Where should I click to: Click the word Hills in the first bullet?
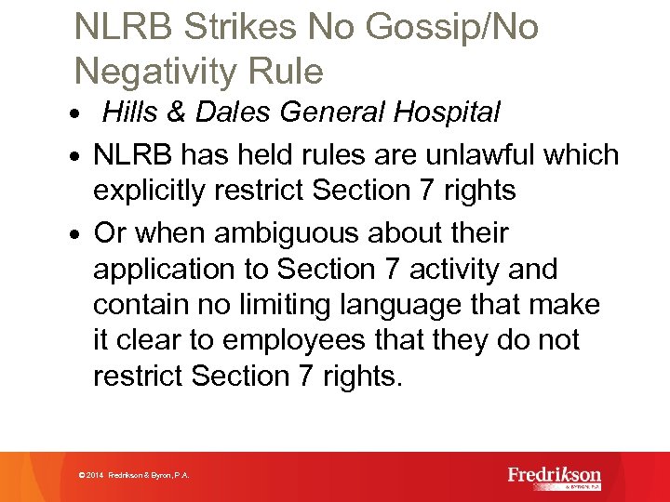[129, 113]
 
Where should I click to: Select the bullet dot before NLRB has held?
[84, 156]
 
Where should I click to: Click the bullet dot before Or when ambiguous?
[84, 234]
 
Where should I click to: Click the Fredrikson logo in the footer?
[555, 476]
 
